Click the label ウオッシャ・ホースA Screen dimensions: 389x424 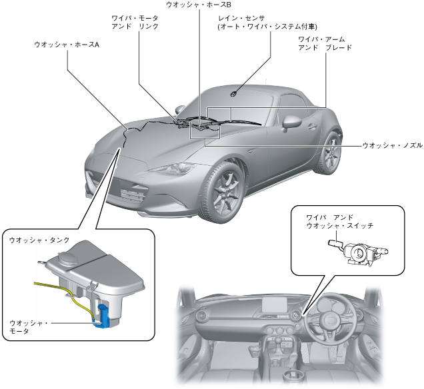67,45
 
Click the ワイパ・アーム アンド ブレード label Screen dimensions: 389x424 325,43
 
